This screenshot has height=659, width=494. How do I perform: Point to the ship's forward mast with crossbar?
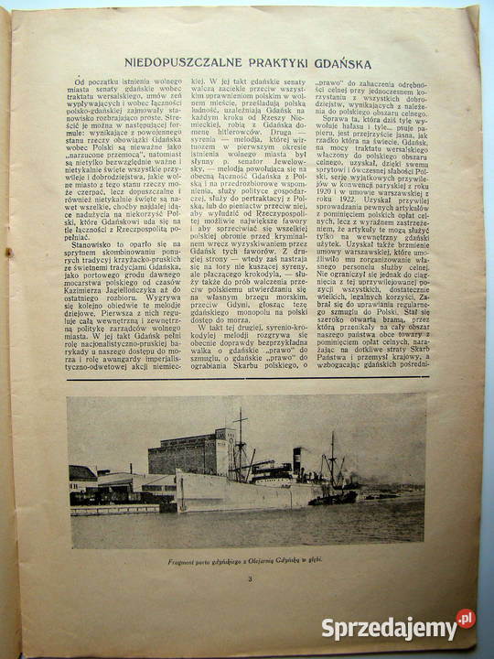(240, 439)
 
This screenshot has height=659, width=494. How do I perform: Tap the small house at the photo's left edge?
(82, 476)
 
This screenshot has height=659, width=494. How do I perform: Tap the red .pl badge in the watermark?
(466, 620)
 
